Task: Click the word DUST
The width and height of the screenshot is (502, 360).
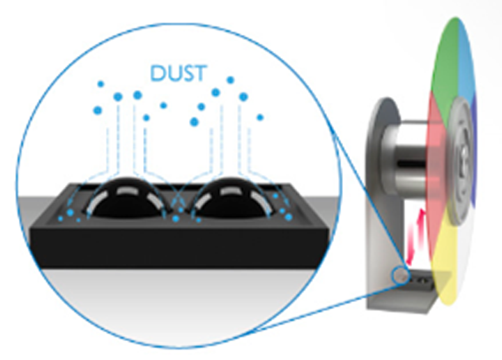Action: (178, 73)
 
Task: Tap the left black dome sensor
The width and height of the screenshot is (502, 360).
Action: (125, 199)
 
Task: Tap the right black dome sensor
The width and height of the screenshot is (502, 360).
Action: (231, 199)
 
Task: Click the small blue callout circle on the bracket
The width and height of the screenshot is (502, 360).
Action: (400, 275)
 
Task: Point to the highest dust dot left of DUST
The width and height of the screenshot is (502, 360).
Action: (100, 84)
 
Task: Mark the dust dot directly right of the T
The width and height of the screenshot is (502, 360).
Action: (230, 80)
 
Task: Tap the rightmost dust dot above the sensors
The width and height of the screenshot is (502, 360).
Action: (260, 117)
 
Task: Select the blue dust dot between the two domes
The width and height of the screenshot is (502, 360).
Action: (176, 219)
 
